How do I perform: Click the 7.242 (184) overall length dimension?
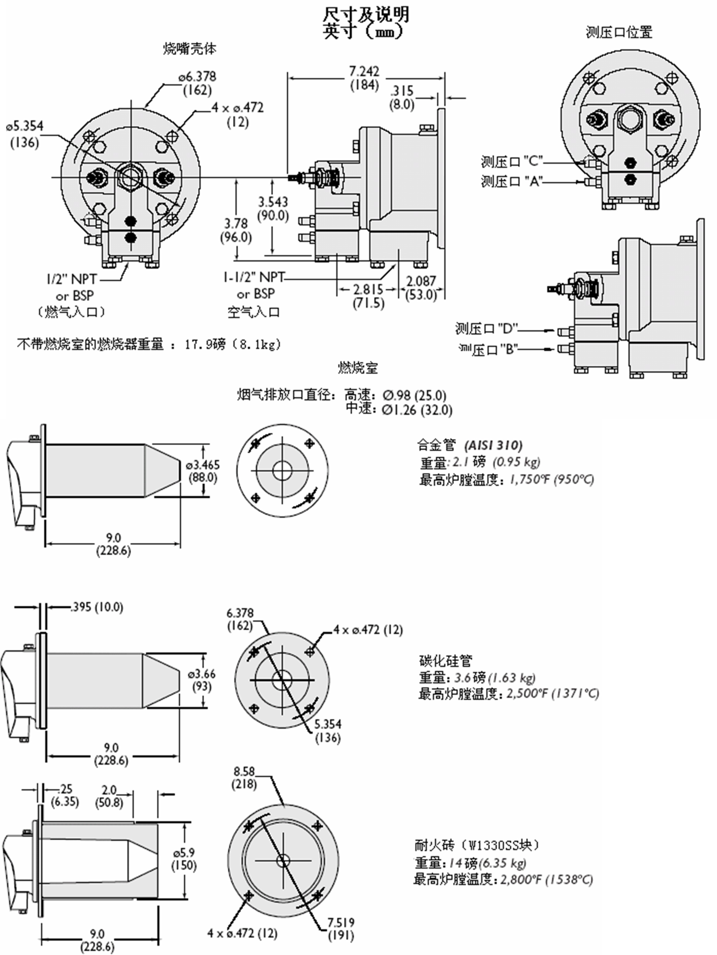(x=364, y=78)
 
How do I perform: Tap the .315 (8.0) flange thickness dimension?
(x=402, y=98)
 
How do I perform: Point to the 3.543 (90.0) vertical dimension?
(x=273, y=209)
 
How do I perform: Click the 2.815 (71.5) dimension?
(x=368, y=296)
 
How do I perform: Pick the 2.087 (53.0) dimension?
(x=421, y=288)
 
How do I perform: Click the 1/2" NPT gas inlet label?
(x=72, y=279)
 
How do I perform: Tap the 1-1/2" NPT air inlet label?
(x=254, y=277)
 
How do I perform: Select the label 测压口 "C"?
(x=511, y=162)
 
